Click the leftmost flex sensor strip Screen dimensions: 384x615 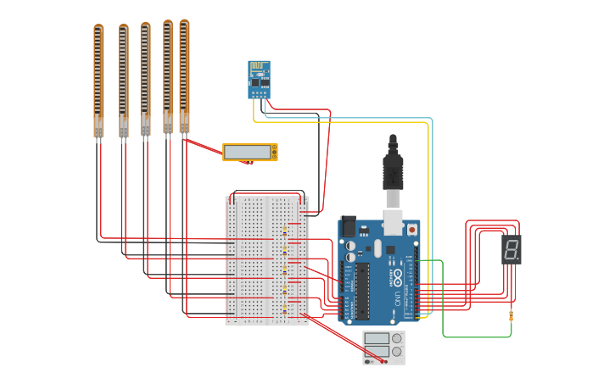[x=98, y=81]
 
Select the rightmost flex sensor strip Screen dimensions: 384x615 [x=184, y=76]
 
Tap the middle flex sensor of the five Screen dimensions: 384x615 [x=145, y=79]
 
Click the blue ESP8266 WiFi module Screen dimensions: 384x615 [x=259, y=80]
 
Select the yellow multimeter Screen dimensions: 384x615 [x=249, y=152]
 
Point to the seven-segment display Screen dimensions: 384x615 [x=512, y=249]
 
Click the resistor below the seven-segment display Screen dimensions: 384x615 [x=511, y=316]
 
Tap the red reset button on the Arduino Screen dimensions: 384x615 [x=412, y=229]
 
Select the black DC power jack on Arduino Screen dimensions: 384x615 [x=348, y=226]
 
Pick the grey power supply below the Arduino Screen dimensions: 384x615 [x=383, y=348]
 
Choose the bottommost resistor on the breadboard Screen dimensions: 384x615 [x=284, y=310]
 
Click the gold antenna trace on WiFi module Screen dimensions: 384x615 [x=259, y=67]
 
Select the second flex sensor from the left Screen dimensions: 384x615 [x=123, y=81]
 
